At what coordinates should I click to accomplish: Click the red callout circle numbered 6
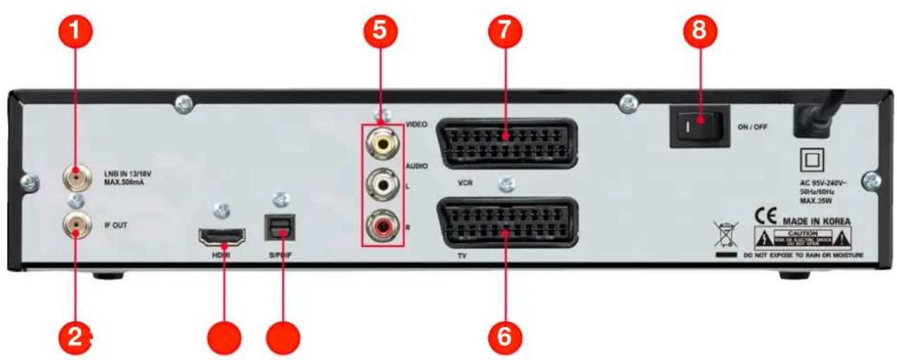[x=506, y=336]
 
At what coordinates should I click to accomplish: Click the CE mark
[x=767, y=215]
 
